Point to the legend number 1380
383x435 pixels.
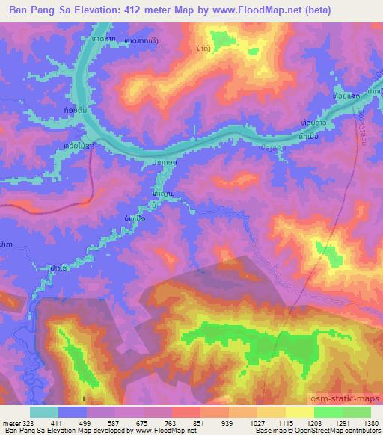[x=371, y=424]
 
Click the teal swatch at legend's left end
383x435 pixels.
[x=44, y=412]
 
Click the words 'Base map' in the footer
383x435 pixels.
[x=260, y=431]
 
